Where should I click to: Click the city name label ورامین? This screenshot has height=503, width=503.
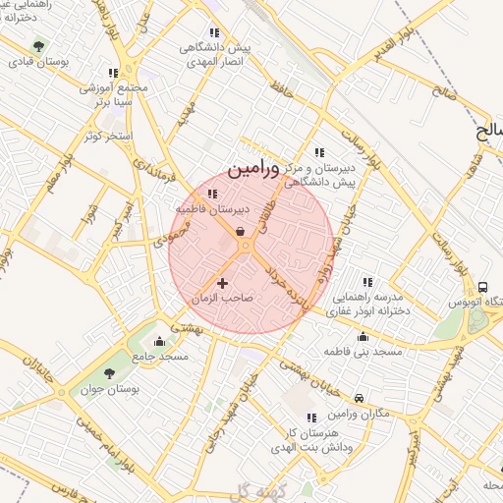(253, 168)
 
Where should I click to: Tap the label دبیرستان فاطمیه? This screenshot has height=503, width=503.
(213, 210)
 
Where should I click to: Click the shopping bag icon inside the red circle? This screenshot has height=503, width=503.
(241, 232)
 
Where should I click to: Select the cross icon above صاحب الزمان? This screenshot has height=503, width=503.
(223, 283)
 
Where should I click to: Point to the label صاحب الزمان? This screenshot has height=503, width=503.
(223, 297)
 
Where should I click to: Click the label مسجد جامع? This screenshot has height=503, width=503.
(160, 357)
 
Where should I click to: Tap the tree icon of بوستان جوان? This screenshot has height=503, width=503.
(108, 373)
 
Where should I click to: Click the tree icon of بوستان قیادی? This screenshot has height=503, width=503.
(38, 45)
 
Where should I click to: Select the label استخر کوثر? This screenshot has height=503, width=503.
(108, 135)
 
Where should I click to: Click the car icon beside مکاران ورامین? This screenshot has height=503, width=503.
(360, 398)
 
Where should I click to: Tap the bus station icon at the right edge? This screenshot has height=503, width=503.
(482, 286)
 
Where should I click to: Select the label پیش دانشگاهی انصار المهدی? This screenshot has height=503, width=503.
(211, 54)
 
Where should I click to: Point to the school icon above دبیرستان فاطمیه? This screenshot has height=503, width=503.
(213, 195)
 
